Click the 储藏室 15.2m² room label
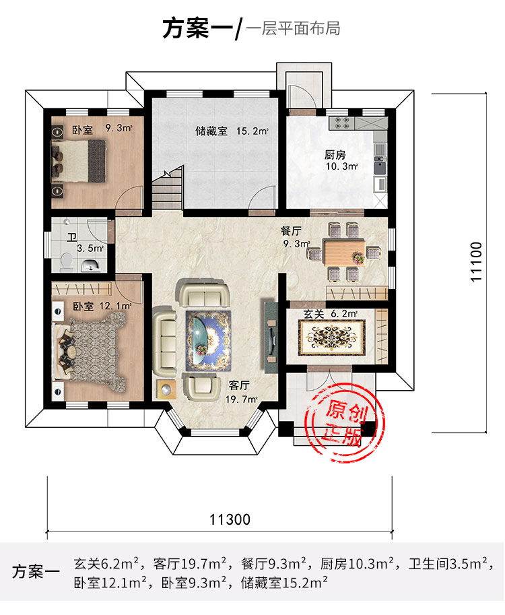[232, 131]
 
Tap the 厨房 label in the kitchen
[335, 155]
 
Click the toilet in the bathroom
[67, 263]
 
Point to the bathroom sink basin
[92, 265]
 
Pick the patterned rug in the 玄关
[332, 337]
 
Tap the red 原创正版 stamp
[344, 423]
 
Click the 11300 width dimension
[230, 519]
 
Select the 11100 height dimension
[476, 261]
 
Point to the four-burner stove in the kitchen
[341, 123]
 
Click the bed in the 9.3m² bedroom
[79, 161]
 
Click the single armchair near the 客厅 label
[201, 387]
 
